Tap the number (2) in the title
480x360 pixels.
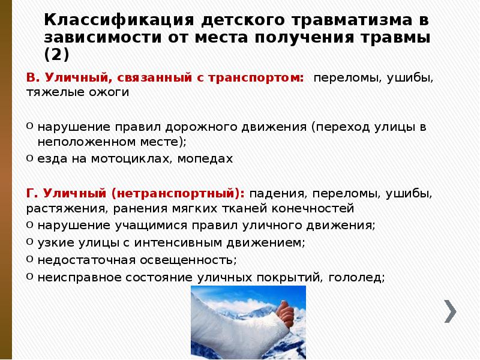(x=57, y=55)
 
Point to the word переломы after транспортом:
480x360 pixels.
(x=344, y=78)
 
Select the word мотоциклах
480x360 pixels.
(x=133, y=158)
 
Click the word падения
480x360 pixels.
(x=275, y=194)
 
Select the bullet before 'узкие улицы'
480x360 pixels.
(x=29, y=242)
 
